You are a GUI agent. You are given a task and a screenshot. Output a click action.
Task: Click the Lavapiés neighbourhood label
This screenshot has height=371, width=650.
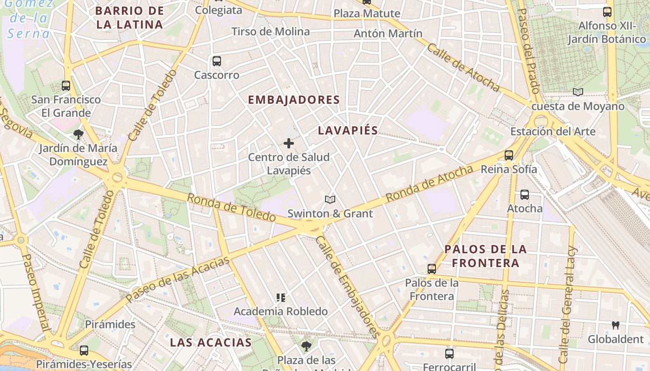[348, 130]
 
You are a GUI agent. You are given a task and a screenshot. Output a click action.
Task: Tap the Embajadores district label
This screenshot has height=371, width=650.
[294, 100]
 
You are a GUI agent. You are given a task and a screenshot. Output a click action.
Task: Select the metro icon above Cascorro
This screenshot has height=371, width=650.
[216, 61]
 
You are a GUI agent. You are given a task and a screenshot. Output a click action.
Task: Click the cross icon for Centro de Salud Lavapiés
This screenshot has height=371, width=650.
[289, 143]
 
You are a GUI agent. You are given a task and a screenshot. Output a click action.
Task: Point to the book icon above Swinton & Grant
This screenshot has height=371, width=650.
[330, 199]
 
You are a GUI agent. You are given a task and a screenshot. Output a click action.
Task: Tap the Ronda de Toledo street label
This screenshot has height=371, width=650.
[231, 207]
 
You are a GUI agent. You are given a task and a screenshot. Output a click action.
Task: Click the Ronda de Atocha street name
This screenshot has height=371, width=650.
[429, 183]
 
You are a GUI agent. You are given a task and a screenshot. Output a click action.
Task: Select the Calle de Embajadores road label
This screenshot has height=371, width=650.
[346, 287]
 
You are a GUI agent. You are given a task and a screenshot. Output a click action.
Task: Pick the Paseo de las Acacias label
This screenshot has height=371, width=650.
[178, 278]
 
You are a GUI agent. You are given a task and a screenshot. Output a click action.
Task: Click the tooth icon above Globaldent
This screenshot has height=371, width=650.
[616, 325]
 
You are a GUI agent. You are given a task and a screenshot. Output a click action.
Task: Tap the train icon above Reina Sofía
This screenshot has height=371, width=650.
[509, 155]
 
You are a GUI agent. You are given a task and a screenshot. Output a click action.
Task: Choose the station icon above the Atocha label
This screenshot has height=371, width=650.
[525, 195]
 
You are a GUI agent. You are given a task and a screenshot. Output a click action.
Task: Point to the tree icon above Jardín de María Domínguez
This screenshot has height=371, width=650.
[78, 134]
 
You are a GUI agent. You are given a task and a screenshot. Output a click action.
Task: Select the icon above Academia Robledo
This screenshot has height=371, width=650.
[280, 297]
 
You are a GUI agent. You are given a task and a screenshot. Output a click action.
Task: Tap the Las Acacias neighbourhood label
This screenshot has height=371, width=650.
[211, 343]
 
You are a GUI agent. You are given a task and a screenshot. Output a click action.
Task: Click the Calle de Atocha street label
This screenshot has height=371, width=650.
[463, 68]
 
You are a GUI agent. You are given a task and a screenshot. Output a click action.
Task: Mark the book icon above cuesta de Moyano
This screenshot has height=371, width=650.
[578, 92]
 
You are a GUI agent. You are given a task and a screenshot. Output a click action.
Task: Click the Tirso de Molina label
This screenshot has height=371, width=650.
[271, 32]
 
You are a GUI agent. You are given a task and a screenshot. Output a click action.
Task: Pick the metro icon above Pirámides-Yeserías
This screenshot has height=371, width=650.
[84, 351]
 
